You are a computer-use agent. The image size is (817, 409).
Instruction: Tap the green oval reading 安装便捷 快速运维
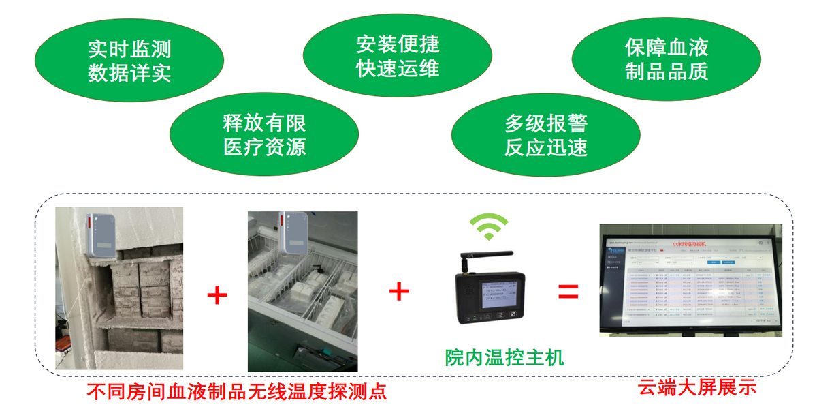click(398, 57)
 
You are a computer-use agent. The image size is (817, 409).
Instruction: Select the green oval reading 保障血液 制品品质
click(667, 59)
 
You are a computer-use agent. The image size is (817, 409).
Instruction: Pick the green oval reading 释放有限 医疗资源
click(264, 135)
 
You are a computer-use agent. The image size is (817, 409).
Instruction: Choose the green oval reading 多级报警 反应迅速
click(545, 135)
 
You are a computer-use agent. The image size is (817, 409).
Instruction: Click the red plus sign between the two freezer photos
click(217, 295)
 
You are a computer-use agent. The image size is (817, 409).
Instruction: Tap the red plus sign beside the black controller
click(399, 292)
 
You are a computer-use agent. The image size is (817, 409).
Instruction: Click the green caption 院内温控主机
click(504, 357)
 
